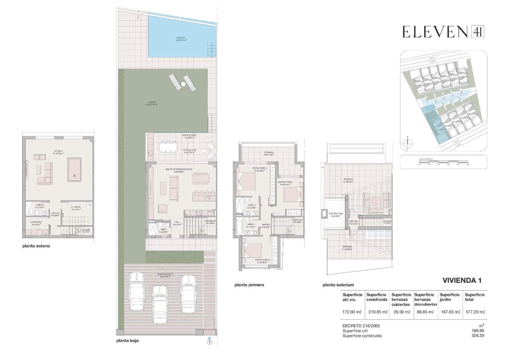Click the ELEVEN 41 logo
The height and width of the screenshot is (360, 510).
tap(443, 32)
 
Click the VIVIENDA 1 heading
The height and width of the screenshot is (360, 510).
tap(462, 280)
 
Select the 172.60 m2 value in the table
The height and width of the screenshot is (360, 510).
tap(352, 312)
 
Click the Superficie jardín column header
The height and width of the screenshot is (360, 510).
tap(449, 297)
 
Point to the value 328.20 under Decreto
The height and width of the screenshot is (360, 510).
tap(477, 335)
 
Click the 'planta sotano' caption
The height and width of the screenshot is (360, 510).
tap(36, 246)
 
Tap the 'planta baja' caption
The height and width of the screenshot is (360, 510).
tap(127, 341)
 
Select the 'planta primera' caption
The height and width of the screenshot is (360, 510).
tap(249, 285)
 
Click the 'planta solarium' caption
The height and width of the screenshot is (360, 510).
tap(338, 285)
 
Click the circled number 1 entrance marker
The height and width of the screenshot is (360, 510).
tap(209, 342)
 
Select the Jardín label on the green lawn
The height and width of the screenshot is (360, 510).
tap(152, 103)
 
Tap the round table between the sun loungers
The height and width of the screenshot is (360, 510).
tap(183, 84)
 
